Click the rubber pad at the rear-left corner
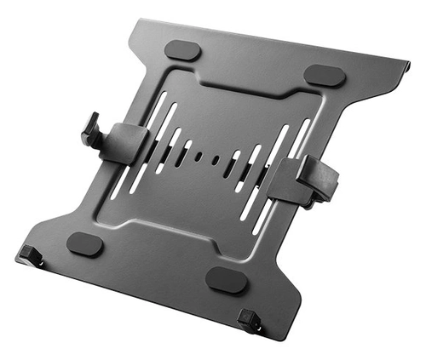tap(182, 51)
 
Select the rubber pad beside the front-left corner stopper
tap(84, 244)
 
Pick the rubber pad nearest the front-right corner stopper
tap(227, 279)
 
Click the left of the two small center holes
tap(198, 157)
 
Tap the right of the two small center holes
tap(216, 159)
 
